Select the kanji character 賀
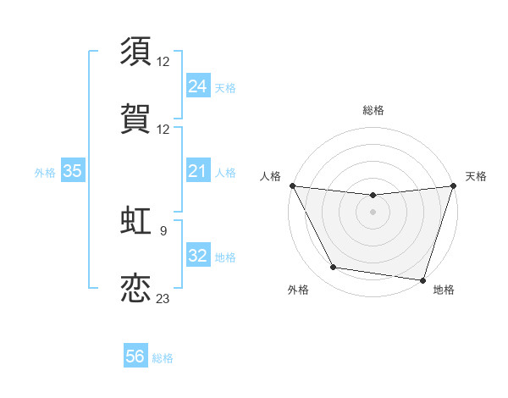[137, 118]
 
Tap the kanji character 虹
[137, 218]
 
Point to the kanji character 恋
[137, 286]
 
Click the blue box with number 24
[197, 86]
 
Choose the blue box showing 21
[197, 171]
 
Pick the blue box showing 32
[197, 256]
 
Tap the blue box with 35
[73, 171]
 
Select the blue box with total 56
[135, 357]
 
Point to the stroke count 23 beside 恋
[163, 298]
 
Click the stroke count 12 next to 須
[163, 61]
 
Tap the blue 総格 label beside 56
[163, 358]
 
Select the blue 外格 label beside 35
[45, 172]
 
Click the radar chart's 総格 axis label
[373, 110]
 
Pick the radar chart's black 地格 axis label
[444, 290]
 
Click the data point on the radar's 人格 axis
[292, 185]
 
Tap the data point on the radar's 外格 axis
[334, 268]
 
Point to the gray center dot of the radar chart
[373, 212]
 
